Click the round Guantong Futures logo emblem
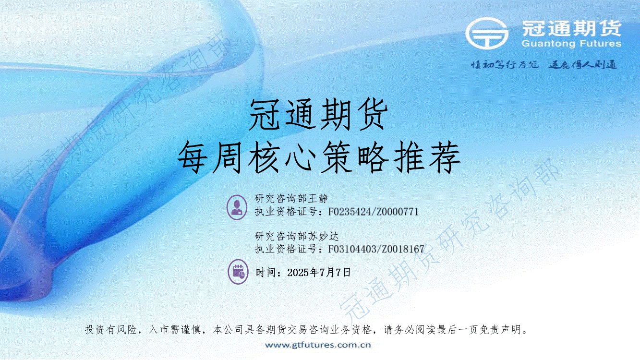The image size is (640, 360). click(487, 33)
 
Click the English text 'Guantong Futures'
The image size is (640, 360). click(571, 43)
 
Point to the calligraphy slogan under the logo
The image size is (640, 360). click(544, 65)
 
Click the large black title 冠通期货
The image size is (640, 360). click(318, 115)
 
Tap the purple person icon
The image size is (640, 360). click(237, 207)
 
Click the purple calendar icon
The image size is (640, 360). click(238, 272)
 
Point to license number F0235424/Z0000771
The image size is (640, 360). click(373, 212)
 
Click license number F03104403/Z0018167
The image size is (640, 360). click(376, 249)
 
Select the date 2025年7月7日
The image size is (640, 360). click(319, 273)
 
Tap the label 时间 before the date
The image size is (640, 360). click(266, 273)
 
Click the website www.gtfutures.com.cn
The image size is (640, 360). click(318, 345)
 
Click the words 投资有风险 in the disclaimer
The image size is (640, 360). click(111, 330)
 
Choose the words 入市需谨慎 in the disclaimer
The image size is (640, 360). click(175, 330)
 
